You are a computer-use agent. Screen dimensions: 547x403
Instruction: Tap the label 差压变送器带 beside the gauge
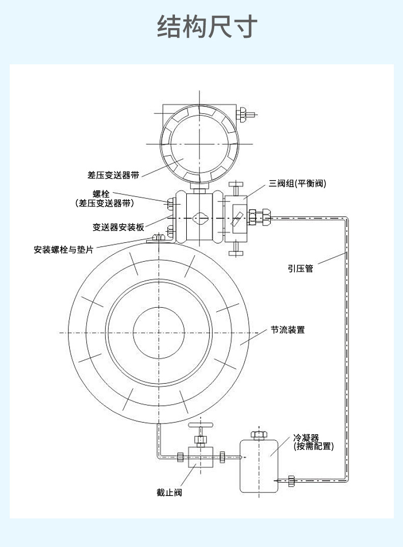[x=113, y=175]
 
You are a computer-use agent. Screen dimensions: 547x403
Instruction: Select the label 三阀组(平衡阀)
[x=297, y=184]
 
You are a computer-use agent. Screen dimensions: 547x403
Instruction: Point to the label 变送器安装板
[x=118, y=228]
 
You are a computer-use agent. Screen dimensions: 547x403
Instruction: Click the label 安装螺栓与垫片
[x=63, y=250]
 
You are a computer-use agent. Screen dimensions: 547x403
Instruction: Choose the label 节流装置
[x=288, y=330]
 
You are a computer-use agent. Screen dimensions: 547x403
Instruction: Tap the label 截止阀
[x=169, y=492]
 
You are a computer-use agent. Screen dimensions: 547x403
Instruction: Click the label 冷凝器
[x=306, y=438]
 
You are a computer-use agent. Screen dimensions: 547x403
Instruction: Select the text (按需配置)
[x=314, y=446]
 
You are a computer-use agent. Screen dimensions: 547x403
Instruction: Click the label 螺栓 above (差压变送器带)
[x=101, y=194]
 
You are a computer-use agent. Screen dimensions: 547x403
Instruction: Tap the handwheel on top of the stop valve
[x=200, y=425]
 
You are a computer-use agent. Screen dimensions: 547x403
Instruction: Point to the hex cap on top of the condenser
[x=259, y=434]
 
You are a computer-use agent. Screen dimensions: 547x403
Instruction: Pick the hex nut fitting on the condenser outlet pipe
[x=291, y=480]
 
